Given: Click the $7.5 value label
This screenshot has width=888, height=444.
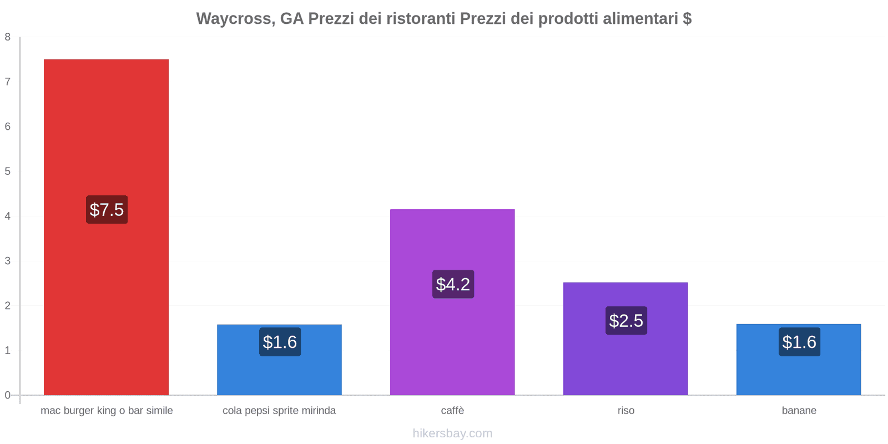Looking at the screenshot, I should [x=107, y=210].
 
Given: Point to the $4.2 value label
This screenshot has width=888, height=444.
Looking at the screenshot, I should [x=453, y=284].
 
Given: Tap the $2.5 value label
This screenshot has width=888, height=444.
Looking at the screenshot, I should [x=626, y=320].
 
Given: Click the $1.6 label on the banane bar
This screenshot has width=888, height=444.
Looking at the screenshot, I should [x=799, y=342].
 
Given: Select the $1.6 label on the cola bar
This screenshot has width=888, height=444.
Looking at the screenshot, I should [x=280, y=342].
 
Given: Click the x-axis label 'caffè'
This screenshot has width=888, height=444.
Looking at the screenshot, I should [x=452, y=411].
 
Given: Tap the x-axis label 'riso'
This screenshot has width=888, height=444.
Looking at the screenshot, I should [x=625, y=411].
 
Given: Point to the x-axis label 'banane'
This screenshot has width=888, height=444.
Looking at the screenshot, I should [x=799, y=411].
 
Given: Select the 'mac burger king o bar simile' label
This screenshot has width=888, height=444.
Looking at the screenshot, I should [x=107, y=411].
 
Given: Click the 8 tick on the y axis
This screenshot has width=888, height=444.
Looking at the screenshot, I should [x=8, y=37].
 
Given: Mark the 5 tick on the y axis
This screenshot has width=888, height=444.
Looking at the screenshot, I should [x=8, y=171].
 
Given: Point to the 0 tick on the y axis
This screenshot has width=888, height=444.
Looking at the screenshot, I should [x=8, y=395].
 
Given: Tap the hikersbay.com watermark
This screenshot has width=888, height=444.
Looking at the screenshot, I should [x=452, y=433].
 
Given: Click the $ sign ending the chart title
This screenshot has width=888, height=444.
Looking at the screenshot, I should [x=687, y=19].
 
